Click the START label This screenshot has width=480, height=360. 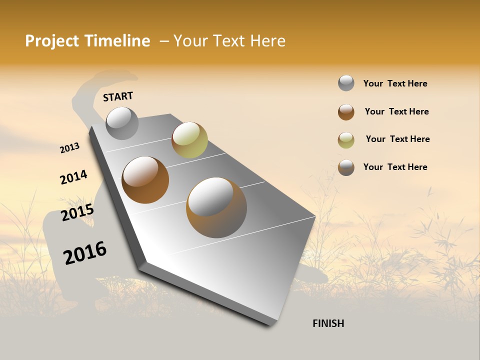(118, 96)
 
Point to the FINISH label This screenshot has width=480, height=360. (328, 323)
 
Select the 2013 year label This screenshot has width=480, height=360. (70, 148)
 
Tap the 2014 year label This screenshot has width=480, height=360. (73, 177)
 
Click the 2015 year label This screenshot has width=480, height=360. (77, 212)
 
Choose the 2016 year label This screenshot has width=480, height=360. (85, 252)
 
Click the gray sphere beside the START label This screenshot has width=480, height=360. (122, 123)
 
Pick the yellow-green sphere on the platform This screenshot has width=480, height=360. (189, 140)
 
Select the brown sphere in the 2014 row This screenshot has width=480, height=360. (145, 179)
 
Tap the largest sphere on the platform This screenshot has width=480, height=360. (216, 207)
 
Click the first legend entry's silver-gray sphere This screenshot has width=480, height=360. (346, 83)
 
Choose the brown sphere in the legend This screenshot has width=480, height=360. (346, 112)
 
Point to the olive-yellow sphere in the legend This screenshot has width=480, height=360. (346, 140)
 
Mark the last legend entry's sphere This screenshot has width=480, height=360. (346, 167)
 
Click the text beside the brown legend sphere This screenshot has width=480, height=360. (396, 111)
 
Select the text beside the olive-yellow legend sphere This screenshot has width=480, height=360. (397, 139)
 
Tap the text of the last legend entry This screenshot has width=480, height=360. (395, 167)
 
